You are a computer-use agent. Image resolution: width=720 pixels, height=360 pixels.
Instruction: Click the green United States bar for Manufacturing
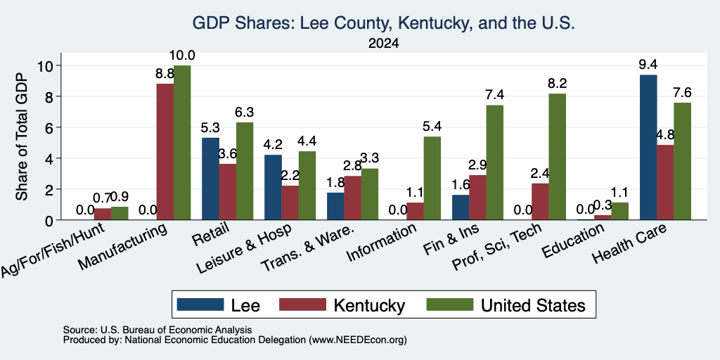pyautogui.click(x=182, y=143)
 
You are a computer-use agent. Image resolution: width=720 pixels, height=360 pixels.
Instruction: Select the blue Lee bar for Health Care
pyautogui.click(x=648, y=148)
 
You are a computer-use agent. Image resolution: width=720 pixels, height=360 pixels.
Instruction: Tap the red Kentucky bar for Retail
pyautogui.click(x=227, y=192)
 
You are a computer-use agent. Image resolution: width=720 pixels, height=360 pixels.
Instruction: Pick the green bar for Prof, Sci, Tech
pyautogui.click(x=558, y=157)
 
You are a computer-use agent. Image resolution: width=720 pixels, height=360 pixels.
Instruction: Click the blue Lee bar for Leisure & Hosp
pyautogui.click(x=273, y=187)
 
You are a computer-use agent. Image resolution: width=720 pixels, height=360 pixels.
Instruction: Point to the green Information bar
pyautogui.click(x=432, y=179)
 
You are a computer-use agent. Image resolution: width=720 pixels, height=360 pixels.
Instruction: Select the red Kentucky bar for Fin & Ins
pyautogui.click(x=477, y=198)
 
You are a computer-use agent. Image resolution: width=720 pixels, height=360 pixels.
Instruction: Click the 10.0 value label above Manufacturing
pyautogui.click(x=182, y=56)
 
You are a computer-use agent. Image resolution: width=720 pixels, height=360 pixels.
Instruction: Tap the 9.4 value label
pyautogui.click(x=648, y=64)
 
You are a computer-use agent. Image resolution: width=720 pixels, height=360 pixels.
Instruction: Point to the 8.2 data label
pyautogui.click(x=558, y=83)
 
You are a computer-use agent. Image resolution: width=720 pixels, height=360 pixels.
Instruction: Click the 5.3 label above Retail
pyautogui.click(x=211, y=127)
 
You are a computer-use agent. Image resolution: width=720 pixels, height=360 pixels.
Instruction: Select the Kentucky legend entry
pyautogui.click(x=342, y=305)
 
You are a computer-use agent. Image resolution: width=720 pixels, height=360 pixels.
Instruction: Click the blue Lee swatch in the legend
pyautogui.click(x=200, y=304)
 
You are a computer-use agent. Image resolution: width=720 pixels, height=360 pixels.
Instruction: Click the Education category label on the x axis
pyautogui.click(x=572, y=240)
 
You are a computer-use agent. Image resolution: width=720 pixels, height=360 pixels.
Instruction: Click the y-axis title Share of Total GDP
pyautogui.click(x=22, y=136)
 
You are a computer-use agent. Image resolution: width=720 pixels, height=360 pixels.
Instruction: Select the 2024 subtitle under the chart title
pyautogui.click(x=383, y=44)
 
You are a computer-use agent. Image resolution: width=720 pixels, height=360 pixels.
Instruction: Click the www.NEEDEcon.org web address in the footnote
pyautogui.click(x=357, y=340)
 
